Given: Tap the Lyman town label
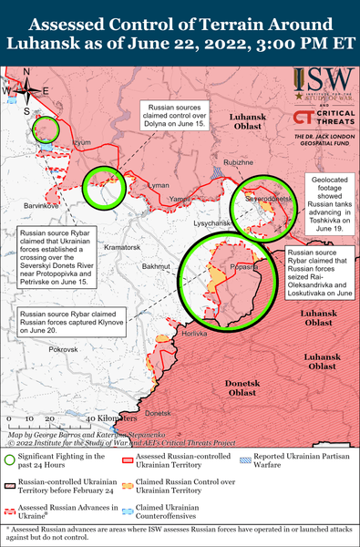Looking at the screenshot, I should (159, 185).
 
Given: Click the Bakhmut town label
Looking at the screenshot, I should (157, 266).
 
